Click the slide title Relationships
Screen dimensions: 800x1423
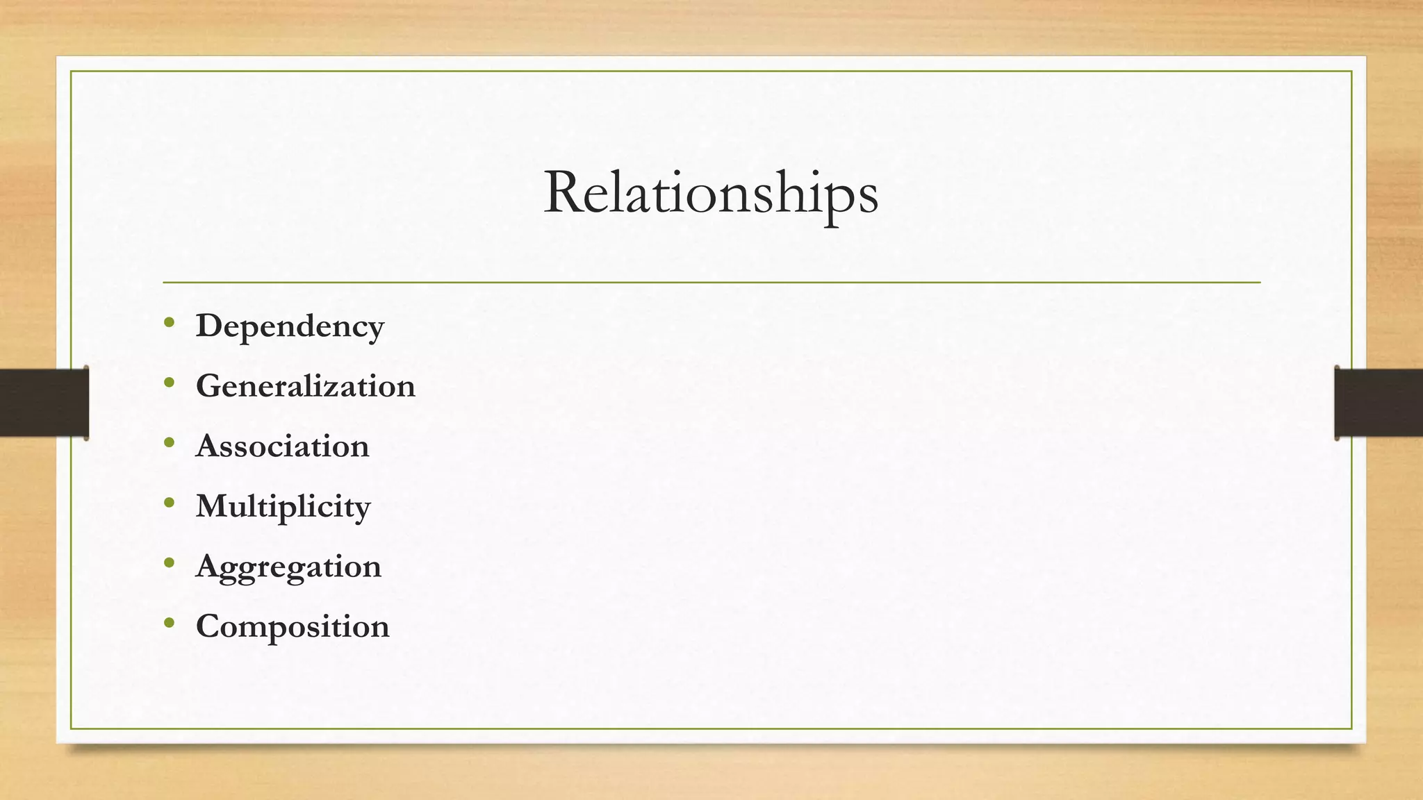point(711,193)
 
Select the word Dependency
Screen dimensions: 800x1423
point(290,326)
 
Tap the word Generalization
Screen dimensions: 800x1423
point(306,386)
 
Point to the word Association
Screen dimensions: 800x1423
point(283,446)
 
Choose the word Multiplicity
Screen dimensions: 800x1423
point(283,506)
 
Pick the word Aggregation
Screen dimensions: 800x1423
point(288,567)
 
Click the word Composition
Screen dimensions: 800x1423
point(293,626)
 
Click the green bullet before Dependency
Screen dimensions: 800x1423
point(170,322)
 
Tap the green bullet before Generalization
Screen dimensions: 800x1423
point(170,383)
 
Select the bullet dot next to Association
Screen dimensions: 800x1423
point(170,442)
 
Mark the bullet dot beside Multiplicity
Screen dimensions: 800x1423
point(170,503)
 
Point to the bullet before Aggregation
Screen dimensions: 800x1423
point(170,562)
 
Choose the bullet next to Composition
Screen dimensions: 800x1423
point(170,623)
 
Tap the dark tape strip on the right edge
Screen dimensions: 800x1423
point(1379,403)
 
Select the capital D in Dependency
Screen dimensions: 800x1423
point(210,325)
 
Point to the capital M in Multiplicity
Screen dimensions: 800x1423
point(213,506)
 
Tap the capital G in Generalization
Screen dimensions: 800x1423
point(211,385)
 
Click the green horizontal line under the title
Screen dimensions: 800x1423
point(711,283)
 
